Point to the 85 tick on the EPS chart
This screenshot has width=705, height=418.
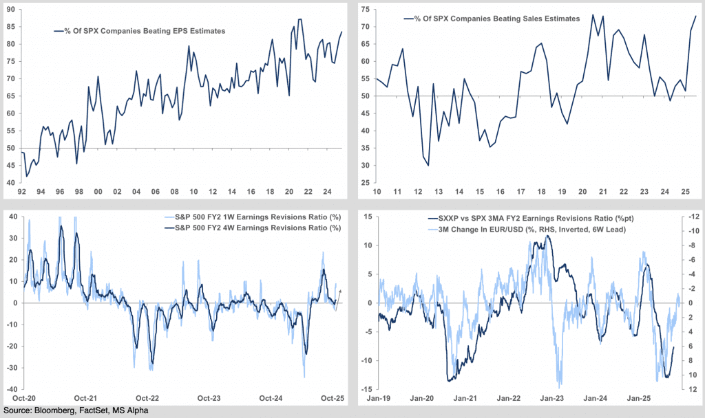coord(11,27)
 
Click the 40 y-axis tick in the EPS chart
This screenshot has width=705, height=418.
coord(11,183)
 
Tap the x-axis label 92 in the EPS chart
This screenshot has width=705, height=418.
coord(23,192)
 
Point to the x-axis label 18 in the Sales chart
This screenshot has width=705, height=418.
coord(543,192)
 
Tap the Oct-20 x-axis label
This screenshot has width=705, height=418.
coord(24,397)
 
